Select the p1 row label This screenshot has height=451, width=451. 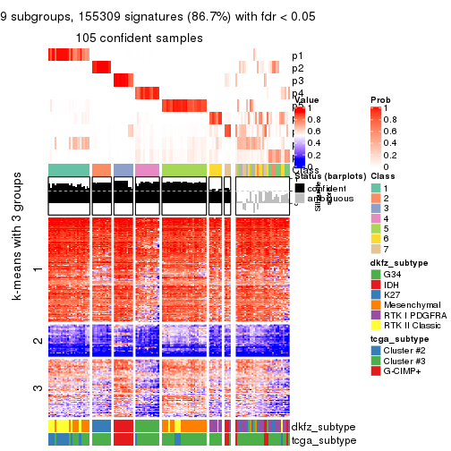tap(298, 55)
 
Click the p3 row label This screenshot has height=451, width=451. tap(298, 81)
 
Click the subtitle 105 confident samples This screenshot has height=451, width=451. tap(139, 38)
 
